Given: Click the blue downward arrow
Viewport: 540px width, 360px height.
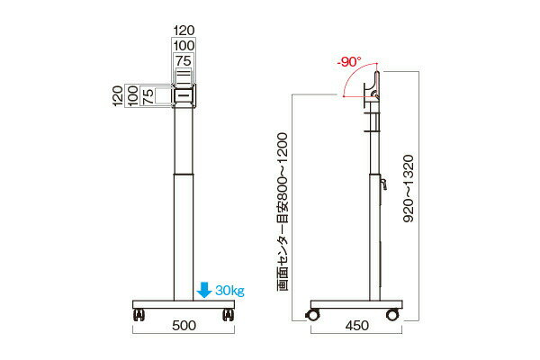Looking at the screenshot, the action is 204,290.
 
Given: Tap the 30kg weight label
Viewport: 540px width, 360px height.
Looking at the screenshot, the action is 230,291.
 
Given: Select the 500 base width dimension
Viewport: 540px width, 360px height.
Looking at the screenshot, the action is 184,325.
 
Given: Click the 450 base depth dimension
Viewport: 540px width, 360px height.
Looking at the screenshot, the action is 356,325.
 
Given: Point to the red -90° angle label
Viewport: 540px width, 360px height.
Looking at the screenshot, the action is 349,62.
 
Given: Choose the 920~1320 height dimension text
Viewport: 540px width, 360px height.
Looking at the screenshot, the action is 409,188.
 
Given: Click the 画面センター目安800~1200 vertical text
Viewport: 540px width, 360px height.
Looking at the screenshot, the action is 282,211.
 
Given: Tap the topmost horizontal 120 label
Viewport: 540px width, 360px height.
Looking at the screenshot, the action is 184,31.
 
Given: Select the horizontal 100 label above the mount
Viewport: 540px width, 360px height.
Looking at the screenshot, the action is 184,46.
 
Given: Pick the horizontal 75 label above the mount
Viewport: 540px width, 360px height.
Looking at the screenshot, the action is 184,61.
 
